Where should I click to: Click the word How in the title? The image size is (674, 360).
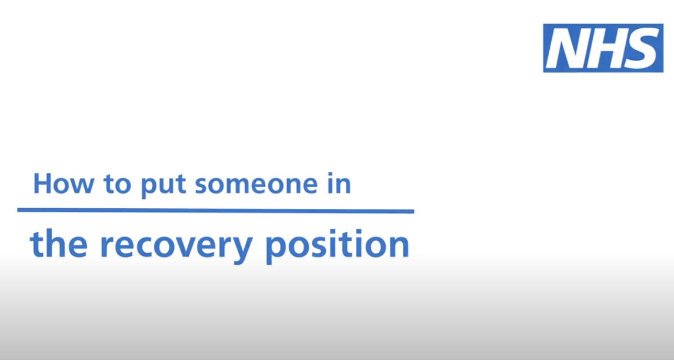pos(63,184)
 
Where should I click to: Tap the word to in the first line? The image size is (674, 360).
pos(118,184)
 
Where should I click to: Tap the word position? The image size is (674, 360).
pos(337,245)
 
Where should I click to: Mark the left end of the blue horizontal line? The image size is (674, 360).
pos(19,210)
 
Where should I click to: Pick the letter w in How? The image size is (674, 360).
pos(81,185)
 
